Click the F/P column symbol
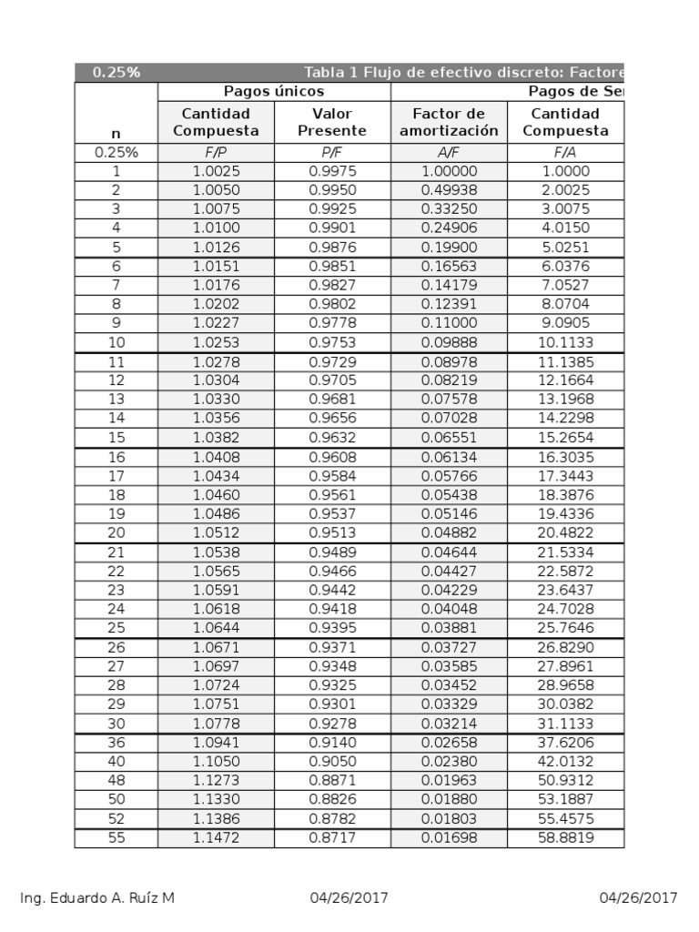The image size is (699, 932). click(x=216, y=152)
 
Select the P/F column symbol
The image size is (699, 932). click(x=332, y=152)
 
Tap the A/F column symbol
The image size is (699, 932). click(x=449, y=152)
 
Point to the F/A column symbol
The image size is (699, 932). click(x=565, y=152)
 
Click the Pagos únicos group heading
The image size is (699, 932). click(x=274, y=92)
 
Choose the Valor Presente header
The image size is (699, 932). click(x=332, y=122)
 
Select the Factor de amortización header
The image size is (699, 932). click(x=449, y=122)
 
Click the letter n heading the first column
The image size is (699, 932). click(x=116, y=133)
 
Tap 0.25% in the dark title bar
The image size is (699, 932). click(x=116, y=73)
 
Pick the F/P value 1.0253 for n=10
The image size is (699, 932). click(x=216, y=342)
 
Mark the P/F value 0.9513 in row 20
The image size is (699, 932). click(x=332, y=532)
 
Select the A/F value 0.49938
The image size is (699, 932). click(x=449, y=190)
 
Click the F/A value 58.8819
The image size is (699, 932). click(x=565, y=837)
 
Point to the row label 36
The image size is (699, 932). click(x=116, y=742)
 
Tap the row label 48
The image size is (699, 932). click(x=116, y=780)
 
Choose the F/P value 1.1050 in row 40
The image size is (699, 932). click(x=216, y=761)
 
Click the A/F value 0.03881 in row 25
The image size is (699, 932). click(x=449, y=628)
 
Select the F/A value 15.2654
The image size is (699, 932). click(x=565, y=438)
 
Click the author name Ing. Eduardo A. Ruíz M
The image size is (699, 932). click(x=97, y=898)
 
